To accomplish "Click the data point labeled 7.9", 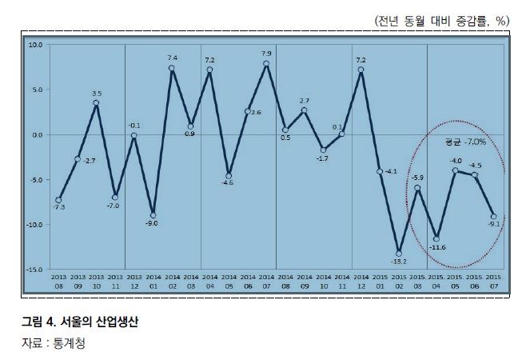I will click(266, 63).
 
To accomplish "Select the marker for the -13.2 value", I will click(399, 254).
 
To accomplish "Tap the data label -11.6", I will click(437, 248).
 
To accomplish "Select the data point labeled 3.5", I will click(96, 102).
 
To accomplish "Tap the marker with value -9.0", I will click(153, 215).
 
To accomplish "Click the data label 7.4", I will click(172, 58).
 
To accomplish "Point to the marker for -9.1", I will click(493, 216).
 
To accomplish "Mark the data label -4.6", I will click(228, 183).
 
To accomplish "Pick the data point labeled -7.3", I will click(58, 200).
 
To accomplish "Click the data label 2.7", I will click(305, 101).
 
